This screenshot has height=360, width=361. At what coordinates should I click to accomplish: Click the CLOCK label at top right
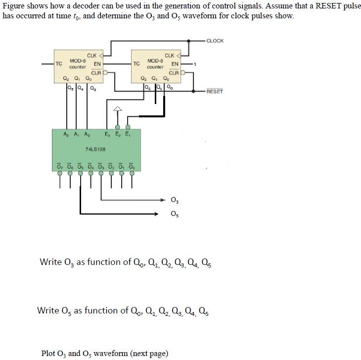pos(215,41)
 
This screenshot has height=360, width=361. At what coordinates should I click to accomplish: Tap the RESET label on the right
pos(215,92)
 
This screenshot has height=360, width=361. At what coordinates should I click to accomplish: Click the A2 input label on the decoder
pos(66,135)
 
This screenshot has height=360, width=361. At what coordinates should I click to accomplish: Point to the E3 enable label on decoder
pos(108,135)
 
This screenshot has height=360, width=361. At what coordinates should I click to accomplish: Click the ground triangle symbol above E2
pos(118,109)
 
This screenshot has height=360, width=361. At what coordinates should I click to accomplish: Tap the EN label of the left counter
pos(97,64)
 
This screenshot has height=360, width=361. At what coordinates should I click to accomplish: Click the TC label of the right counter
pos(137,64)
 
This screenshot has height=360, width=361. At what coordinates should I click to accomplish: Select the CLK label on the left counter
pos(92,55)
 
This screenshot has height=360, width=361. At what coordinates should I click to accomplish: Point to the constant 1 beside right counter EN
pos(196,64)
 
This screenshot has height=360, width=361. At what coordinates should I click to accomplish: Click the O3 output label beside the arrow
pos(174,201)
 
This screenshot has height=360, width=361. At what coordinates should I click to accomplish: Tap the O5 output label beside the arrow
pos(174,214)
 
